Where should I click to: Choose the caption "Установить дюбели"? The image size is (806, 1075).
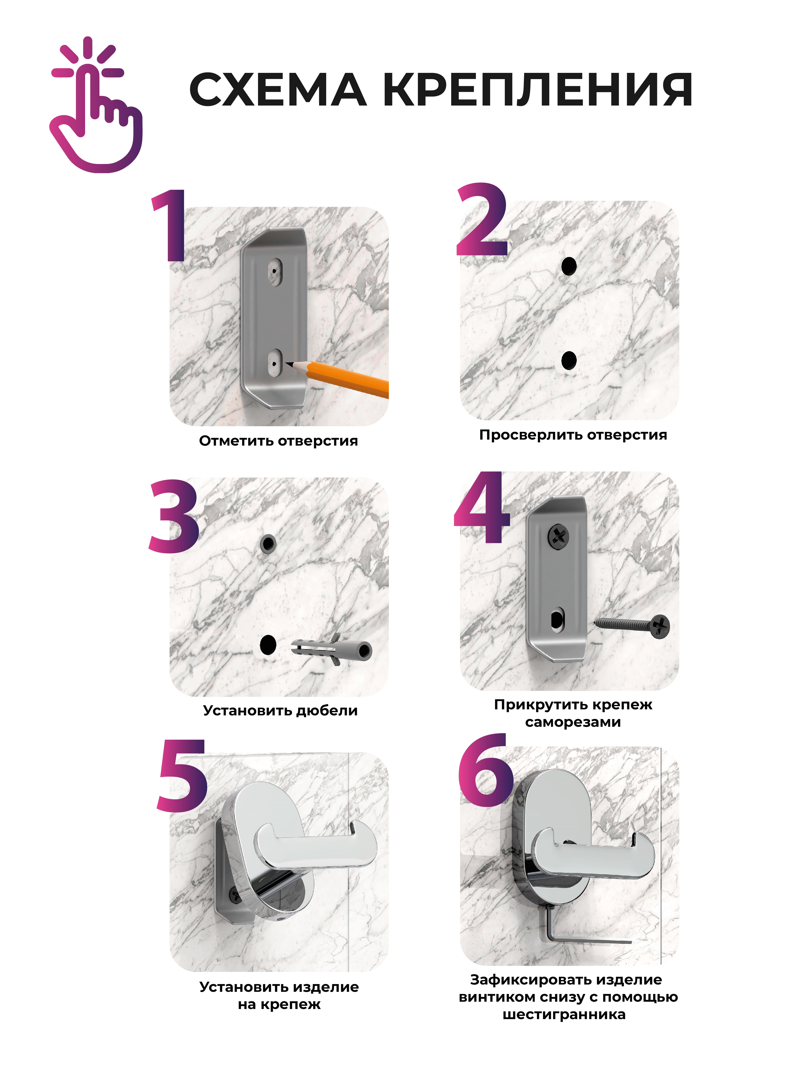[280, 710]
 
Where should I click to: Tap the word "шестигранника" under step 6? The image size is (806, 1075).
[564, 1015]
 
